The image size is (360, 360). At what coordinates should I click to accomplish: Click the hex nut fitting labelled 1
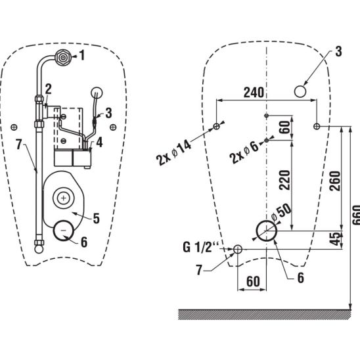click(62, 57)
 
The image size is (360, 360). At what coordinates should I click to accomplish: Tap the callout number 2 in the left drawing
click(49, 89)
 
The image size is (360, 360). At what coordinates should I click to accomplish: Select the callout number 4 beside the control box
click(99, 143)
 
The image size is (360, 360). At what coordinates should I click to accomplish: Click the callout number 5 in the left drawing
click(97, 218)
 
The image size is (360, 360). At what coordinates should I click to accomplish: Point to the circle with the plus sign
click(63, 198)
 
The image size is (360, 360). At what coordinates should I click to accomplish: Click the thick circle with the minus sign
click(64, 231)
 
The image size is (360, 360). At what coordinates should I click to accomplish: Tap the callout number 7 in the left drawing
click(19, 145)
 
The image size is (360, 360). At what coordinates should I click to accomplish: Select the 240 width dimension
click(254, 93)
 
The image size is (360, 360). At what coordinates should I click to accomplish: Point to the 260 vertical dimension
click(334, 181)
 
